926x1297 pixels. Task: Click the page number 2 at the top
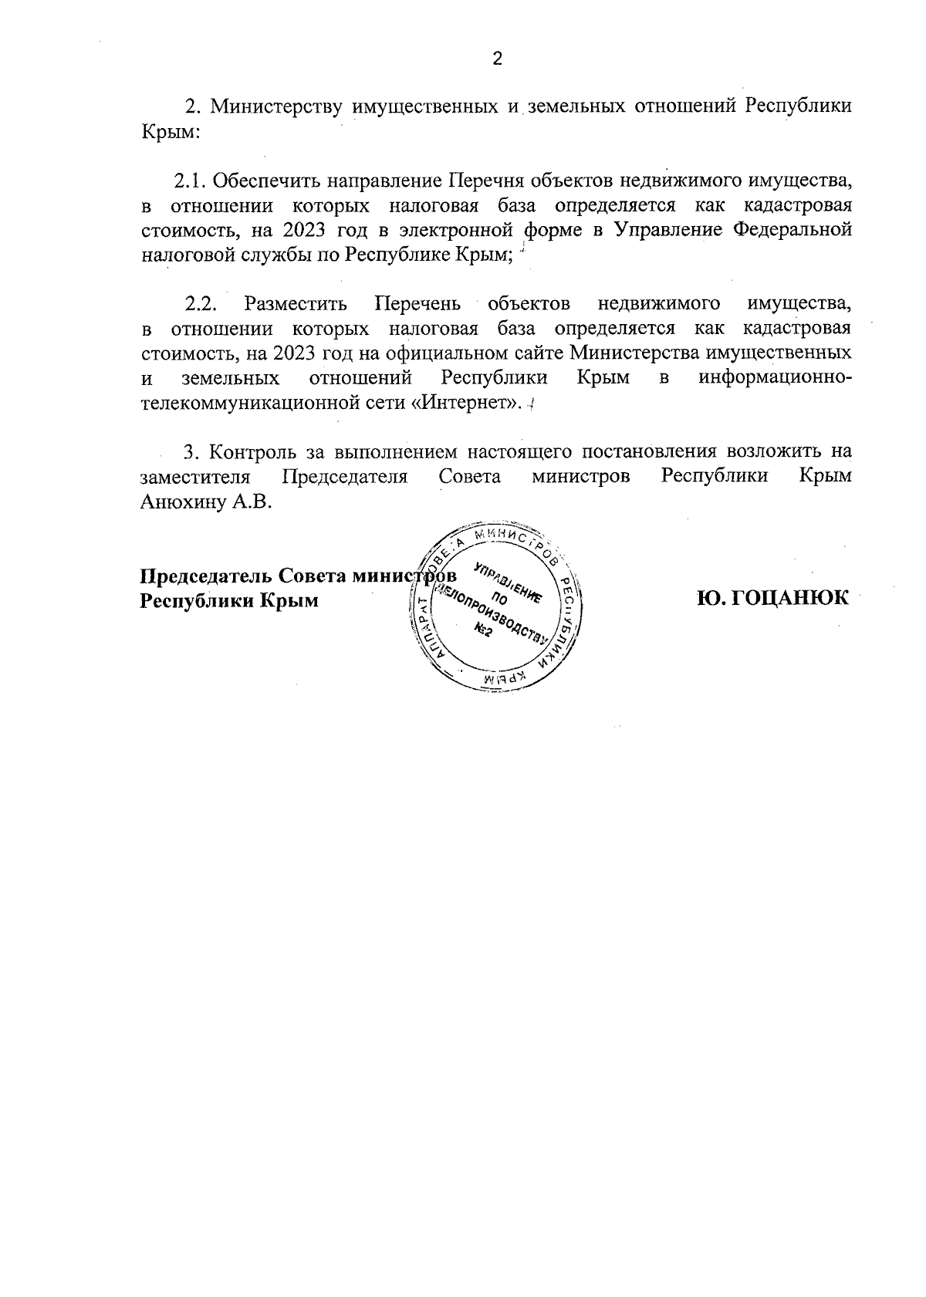point(497,59)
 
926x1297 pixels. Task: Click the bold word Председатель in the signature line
point(205,576)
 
